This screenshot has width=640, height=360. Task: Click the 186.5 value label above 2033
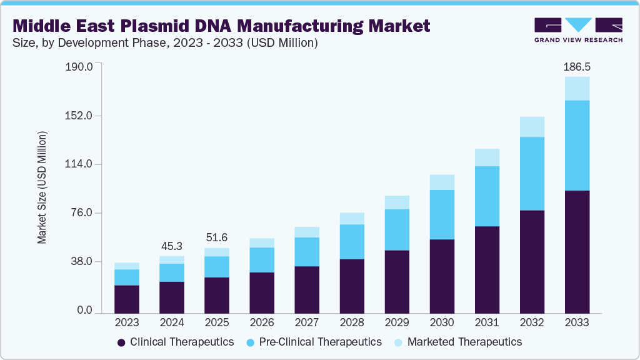pos(577,66)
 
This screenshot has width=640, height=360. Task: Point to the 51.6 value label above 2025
pos(217,237)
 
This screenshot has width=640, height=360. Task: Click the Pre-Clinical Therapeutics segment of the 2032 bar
pos(532,173)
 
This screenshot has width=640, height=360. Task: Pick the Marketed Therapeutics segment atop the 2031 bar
pos(487,157)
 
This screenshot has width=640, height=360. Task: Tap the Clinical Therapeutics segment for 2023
pos(127,299)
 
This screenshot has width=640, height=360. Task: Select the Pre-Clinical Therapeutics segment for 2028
pos(352,241)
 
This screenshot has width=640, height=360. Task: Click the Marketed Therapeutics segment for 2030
pos(442,182)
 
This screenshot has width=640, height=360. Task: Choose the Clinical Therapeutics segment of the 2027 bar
pos(307,289)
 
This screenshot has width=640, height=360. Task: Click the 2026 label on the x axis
pos(262,323)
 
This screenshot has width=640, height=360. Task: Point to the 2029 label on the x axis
pos(397,323)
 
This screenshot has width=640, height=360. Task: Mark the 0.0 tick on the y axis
pos(84,311)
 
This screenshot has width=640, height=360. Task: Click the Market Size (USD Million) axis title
pos(42,187)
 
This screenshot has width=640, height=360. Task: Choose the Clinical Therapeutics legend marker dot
pos(121,342)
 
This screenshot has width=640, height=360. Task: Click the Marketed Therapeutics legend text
pos(464,342)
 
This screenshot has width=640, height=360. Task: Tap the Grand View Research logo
pos(578,29)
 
